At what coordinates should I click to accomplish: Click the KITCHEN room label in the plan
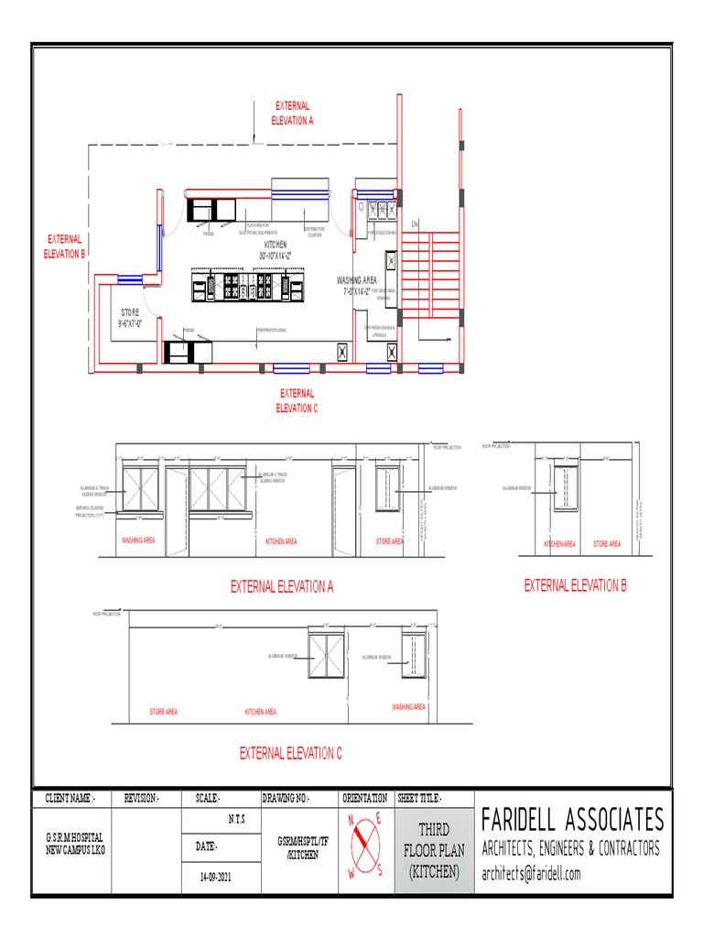click(276, 245)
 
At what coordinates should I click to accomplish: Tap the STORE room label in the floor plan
click(128, 313)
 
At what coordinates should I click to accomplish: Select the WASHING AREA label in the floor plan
click(356, 280)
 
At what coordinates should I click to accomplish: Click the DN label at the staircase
click(414, 224)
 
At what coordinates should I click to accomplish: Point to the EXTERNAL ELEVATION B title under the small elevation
click(575, 585)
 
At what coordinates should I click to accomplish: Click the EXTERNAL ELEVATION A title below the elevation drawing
click(282, 587)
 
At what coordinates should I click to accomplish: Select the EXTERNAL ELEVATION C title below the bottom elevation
click(290, 753)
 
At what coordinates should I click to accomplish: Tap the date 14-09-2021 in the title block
click(217, 877)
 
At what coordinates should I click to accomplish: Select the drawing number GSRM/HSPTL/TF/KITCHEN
click(299, 846)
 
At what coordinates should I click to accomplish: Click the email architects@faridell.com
click(531, 874)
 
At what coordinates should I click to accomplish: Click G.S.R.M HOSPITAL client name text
click(75, 838)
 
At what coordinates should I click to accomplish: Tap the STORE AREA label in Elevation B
click(606, 544)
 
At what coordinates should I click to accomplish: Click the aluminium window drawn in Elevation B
click(565, 489)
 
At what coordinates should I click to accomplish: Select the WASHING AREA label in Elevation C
click(408, 707)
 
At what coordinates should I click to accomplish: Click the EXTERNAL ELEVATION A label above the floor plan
click(292, 113)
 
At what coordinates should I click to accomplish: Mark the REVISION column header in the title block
click(141, 799)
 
